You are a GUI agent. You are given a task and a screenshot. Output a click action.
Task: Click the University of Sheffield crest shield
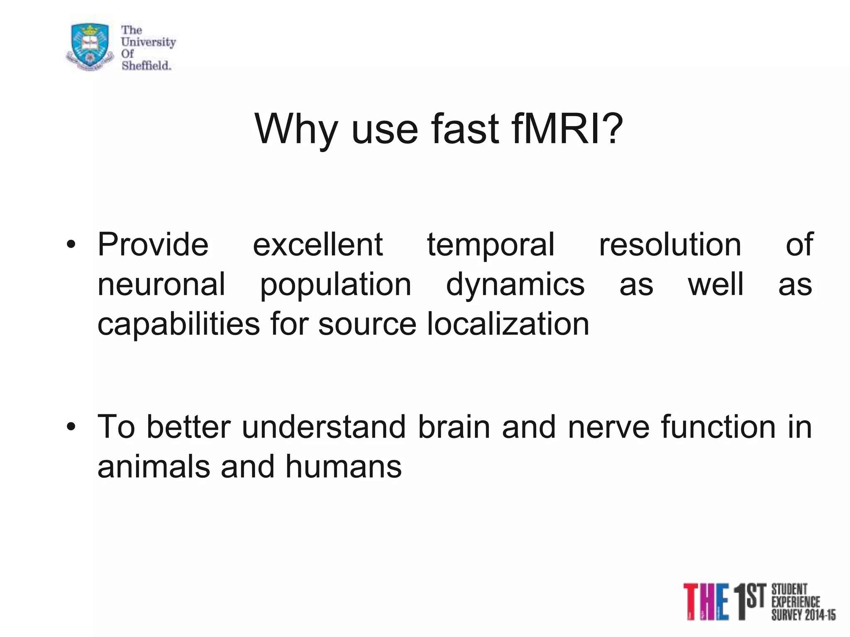90,46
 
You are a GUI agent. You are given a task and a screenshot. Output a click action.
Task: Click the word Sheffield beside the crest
146,66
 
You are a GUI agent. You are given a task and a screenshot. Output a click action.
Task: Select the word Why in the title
296,129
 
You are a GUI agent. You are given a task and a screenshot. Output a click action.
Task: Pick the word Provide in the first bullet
153,245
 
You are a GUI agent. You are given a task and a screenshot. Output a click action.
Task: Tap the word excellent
318,245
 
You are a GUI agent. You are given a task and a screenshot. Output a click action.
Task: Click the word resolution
670,245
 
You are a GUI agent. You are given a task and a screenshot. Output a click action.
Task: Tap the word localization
508,324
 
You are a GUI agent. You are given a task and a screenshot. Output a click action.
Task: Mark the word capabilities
178,325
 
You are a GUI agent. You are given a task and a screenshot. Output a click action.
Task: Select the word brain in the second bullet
454,427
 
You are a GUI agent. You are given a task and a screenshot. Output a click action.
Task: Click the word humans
343,467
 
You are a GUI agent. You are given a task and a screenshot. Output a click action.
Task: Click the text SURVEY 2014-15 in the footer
803,615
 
